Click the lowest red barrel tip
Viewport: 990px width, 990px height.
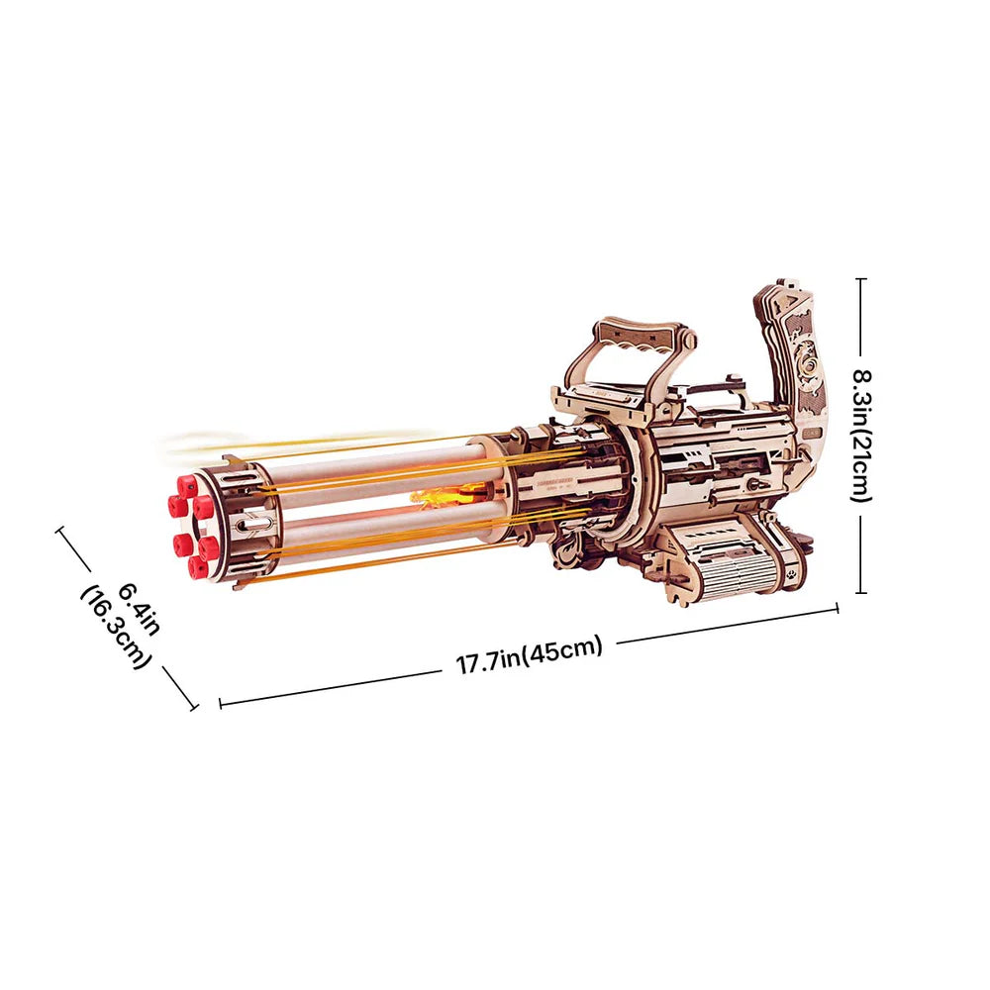pyautogui.click(x=198, y=567)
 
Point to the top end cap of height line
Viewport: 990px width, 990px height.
pyautogui.click(x=860, y=280)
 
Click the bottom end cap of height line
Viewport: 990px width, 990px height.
pyautogui.click(x=860, y=592)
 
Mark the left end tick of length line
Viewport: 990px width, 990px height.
pyautogui.click(x=219, y=704)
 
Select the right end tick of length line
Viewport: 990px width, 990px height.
pyautogui.click(x=839, y=608)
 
